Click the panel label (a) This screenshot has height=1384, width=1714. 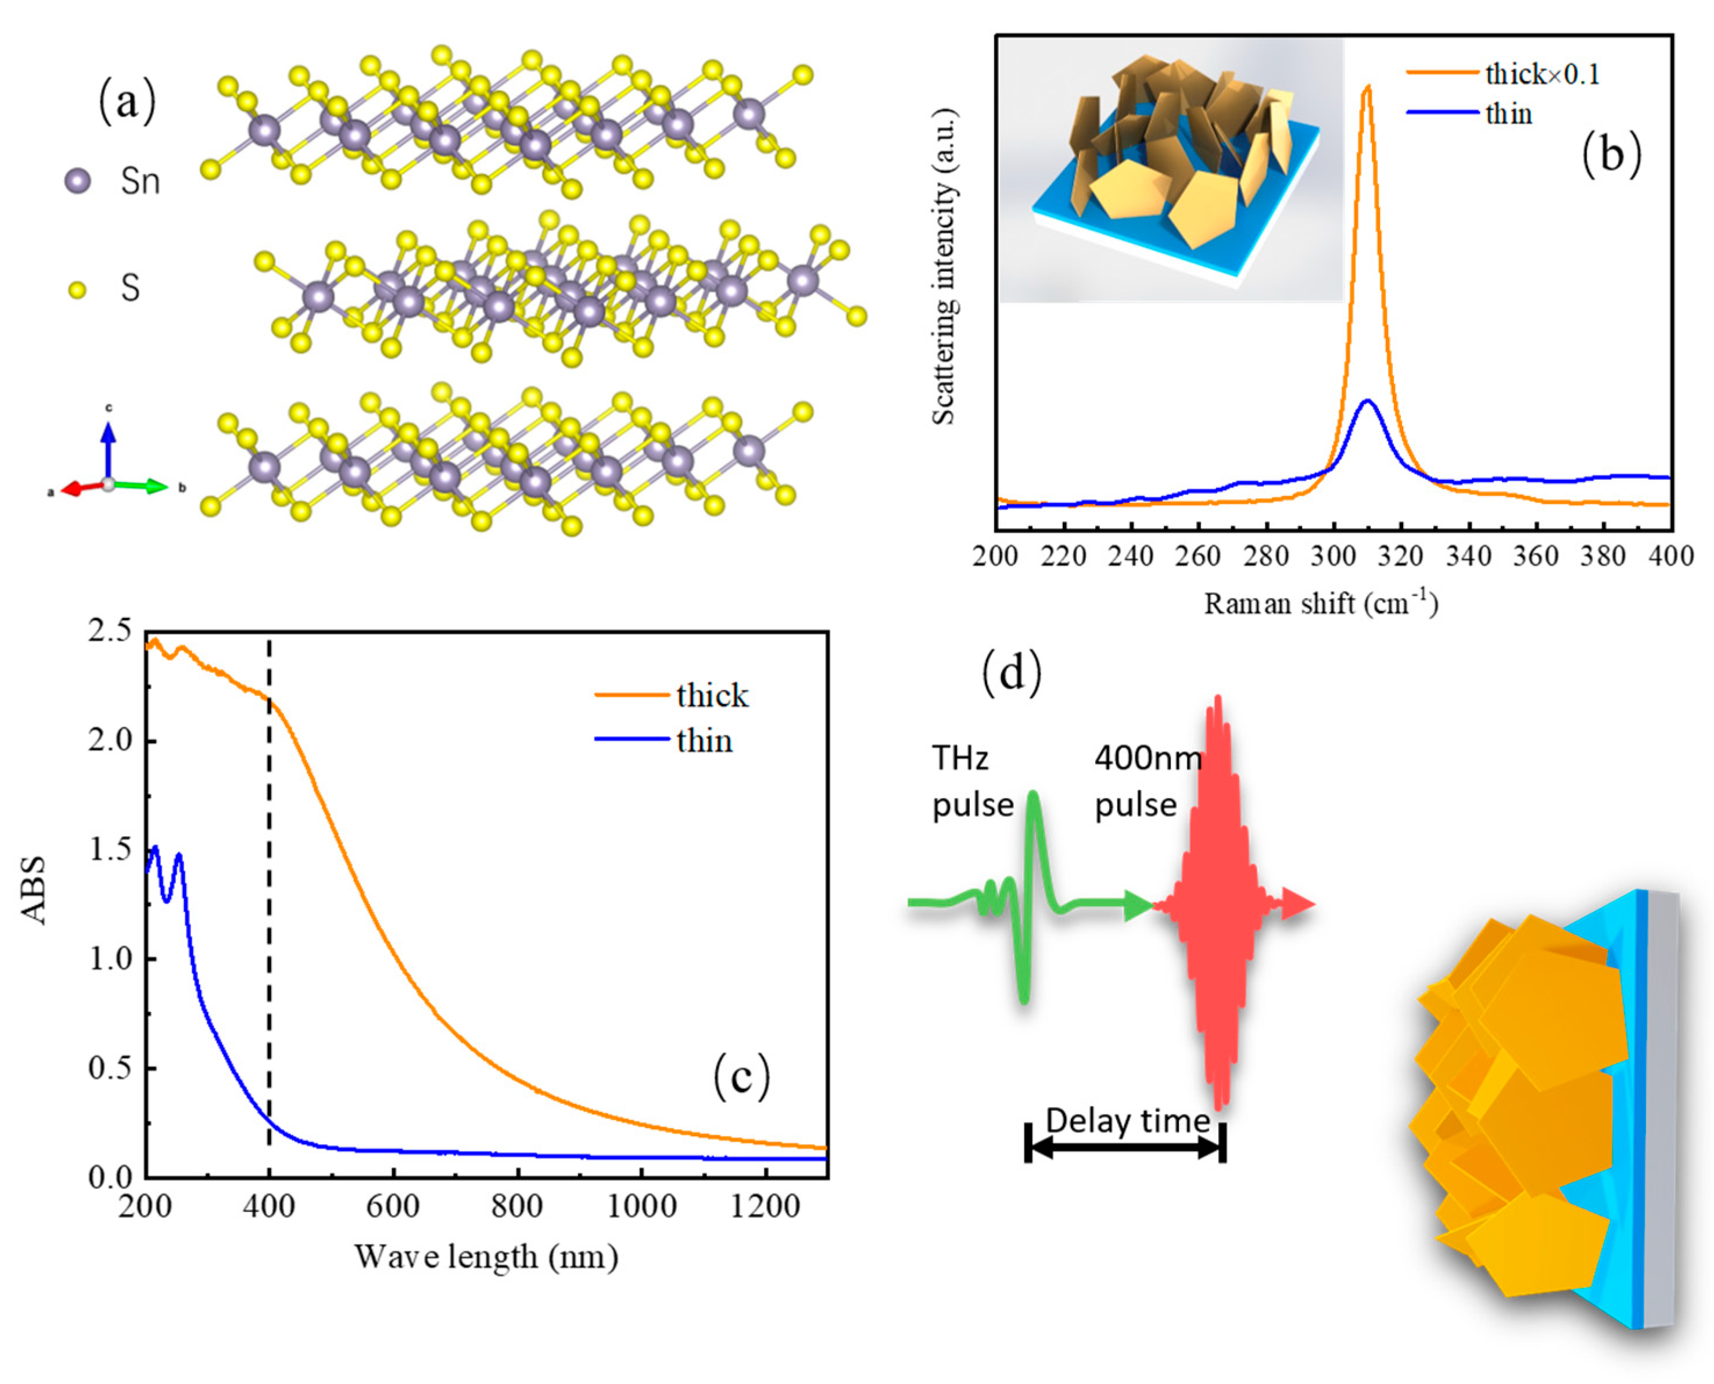tap(126, 103)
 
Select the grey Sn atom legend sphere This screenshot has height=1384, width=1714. tap(77, 181)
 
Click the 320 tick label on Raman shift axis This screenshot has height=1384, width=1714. tap(1401, 555)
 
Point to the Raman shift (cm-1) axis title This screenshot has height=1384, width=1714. tap(1320, 604)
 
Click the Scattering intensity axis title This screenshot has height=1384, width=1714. tap(944, 267)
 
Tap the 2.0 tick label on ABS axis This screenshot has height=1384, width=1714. tap(110, 740)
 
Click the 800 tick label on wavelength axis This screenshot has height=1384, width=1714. tap(517, 1206)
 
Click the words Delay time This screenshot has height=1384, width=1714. tap(1127, 1121)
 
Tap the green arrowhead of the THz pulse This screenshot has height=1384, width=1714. tap(1138, 905)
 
